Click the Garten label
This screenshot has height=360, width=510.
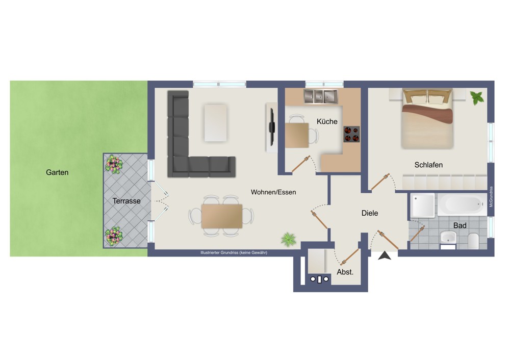[x=57, y=172]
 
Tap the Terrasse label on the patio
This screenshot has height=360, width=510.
[x=126, y=201]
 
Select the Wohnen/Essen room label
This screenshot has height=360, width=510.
[x=273, y=192]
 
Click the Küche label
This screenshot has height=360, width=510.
[x=327, y=121]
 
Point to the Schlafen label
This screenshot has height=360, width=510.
[x=428, y=165]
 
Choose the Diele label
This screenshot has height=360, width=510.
[x=370, y=213]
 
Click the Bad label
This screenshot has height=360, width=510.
[x=460, y=225]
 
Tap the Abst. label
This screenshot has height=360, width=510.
[x=345, y=272]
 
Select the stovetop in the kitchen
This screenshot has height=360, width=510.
[x=351, y=134]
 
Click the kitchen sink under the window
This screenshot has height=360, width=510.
[x=321, y=96]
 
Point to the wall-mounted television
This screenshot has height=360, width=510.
[x=272, y=127]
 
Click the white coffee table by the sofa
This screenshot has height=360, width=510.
[x=216, y=123]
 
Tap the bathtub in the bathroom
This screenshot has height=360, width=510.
[x=462, y=204]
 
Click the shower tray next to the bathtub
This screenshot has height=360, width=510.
[x=422, y=205]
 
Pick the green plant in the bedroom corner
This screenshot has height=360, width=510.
[x=477, y=97]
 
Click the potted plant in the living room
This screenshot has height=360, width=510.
[x=289, y=240]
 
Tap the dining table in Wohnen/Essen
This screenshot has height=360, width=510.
[x=221, y=216]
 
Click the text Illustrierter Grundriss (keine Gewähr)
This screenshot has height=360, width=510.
[x=234, y=253]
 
